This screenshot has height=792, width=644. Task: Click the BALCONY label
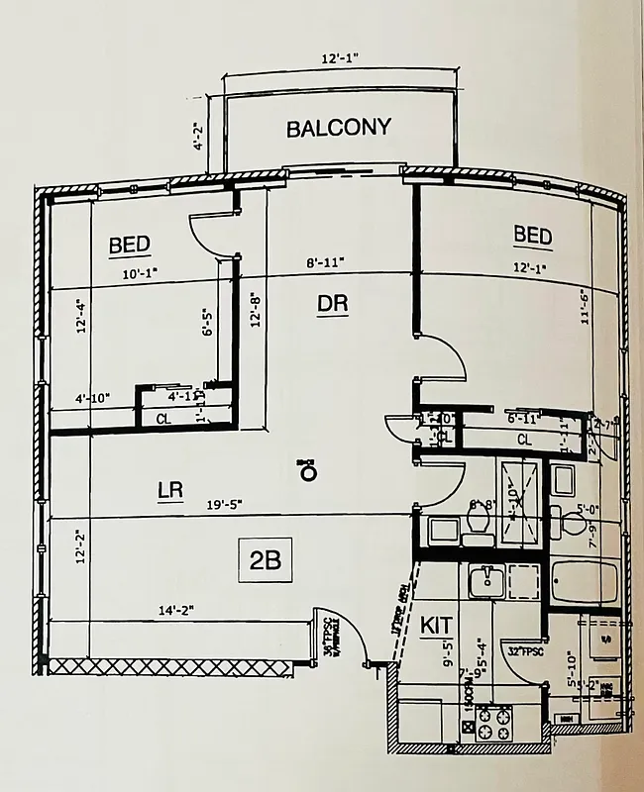coord(338,128)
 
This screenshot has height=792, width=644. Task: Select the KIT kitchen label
coord(436,626)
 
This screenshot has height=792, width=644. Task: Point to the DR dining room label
coord(332,304)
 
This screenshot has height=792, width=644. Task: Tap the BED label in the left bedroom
coord(130,245)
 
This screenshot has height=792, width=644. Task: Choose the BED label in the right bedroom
coord(532,235)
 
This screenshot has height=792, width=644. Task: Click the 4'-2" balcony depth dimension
coord(199,132)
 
